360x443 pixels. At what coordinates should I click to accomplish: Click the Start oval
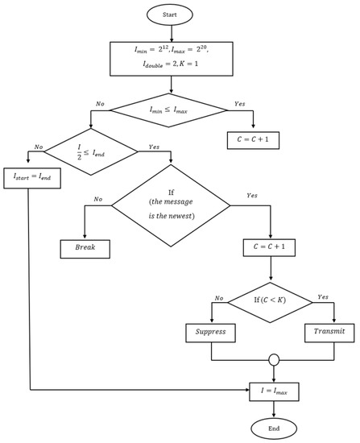pos(170,15)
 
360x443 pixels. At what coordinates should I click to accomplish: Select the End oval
pos(275,429)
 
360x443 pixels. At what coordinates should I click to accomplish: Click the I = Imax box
pos(275,392)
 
